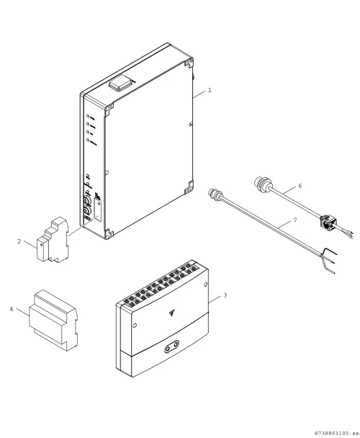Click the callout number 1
210,90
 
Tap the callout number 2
19,241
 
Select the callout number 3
225,295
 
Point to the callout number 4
12,309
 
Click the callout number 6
300,186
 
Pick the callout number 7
295,220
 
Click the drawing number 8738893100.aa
336,433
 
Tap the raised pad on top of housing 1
121,84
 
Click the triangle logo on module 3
172,313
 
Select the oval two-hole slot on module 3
172,347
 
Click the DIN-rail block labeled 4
53,320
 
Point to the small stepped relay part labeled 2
53,240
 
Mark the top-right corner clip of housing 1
189,63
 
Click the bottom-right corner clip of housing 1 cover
189,187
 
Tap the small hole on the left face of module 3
135,326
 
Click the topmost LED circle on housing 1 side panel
88,116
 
